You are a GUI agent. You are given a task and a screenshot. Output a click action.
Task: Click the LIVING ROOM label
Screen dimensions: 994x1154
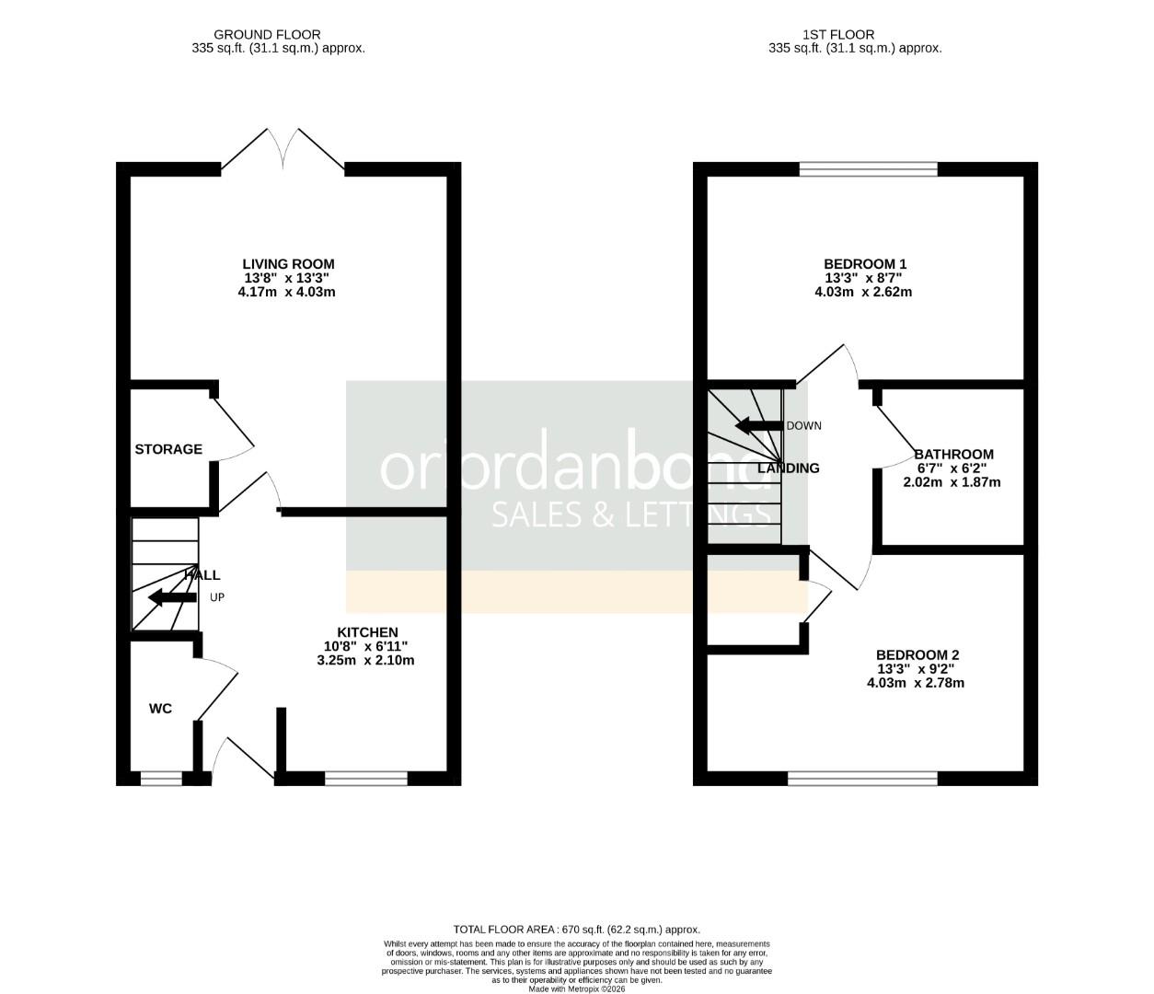point(288,264)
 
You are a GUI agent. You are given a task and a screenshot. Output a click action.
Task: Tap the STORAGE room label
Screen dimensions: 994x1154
point(168,449)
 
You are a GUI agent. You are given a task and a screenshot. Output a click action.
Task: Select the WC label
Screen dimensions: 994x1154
point(161,709)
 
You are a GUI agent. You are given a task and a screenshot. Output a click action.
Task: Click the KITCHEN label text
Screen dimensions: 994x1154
point(367,632)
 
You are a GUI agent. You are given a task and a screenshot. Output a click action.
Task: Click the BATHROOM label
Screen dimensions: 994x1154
point(953,454)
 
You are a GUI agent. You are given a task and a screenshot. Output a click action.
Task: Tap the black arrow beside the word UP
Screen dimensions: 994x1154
point(172,597)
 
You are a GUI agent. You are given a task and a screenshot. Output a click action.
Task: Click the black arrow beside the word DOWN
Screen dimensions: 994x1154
point(757,426)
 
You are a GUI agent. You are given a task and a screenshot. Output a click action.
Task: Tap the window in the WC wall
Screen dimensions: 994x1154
point(161,779)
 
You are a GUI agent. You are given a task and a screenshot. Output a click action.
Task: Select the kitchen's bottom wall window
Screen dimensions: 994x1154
point(365,779)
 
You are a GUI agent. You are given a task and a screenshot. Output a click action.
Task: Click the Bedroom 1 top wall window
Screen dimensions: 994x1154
point(868,169)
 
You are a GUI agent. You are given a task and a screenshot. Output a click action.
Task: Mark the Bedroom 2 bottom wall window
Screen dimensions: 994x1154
point(862,779)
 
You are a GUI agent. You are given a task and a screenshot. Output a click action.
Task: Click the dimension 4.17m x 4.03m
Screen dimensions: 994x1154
point(286,293)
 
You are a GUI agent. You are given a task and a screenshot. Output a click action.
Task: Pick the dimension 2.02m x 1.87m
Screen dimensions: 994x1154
point(952,482)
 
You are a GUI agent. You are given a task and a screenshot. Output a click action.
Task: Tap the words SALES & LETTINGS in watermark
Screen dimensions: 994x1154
point(631,514)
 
